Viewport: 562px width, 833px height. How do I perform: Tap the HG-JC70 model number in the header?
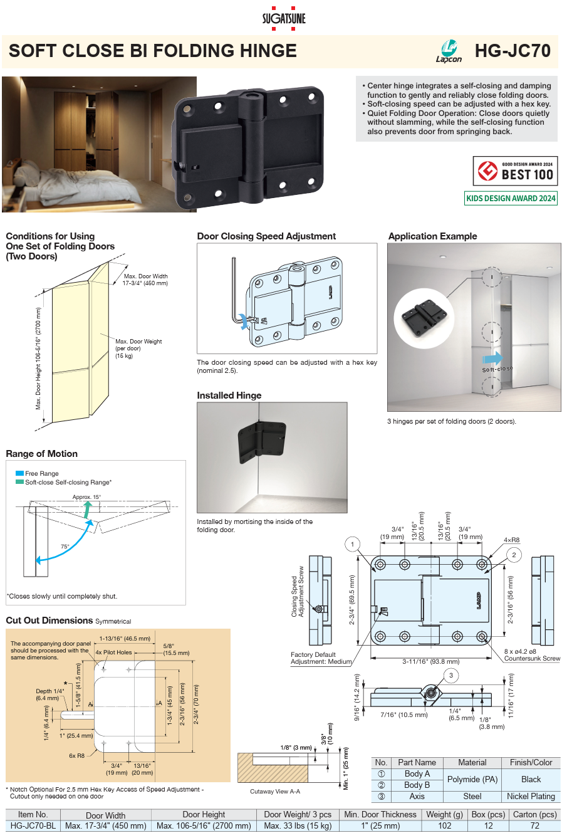(x=512, y=51)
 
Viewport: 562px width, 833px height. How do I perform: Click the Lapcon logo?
(x=449, y=51)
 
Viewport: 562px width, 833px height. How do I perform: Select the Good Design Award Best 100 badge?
(x=515, y=170)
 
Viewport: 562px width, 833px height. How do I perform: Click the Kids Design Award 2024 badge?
(x=511, y=198)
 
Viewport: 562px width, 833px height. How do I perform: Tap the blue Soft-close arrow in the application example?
(x=492, y=358)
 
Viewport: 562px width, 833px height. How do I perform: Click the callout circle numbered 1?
(x=353, y=544)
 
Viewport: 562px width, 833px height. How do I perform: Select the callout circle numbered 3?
(x=451, y=675)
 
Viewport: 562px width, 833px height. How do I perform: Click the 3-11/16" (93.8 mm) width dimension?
(x=430, y=661)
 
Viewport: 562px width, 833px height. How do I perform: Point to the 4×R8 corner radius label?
(x=511, y=540)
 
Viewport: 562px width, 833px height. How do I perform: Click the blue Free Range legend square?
(x=19, y=473)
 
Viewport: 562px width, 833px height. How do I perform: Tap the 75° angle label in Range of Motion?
(x=65, y=547)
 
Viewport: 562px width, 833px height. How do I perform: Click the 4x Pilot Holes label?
(x=113, y=652)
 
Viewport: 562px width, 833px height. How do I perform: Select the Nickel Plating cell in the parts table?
(x=531, y=796)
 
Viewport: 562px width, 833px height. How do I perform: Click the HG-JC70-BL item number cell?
(x=33, y=825)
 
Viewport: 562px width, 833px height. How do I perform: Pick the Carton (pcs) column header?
(x=534, y=814)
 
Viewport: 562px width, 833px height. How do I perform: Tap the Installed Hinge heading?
(x=229, y=396)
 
